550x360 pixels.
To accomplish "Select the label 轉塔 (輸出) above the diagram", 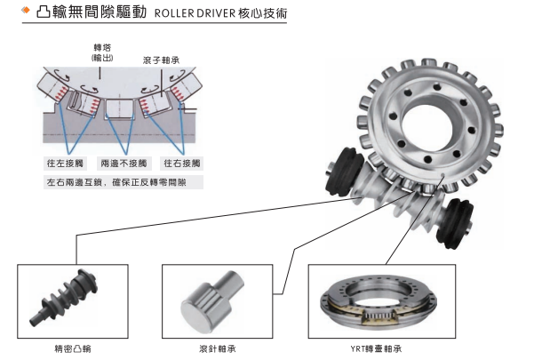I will click(102, 52).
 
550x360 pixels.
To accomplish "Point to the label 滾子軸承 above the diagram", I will click(160, 60).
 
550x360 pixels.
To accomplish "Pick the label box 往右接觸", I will click(182, 164).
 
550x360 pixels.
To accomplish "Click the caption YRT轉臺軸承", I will click(363, 348).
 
